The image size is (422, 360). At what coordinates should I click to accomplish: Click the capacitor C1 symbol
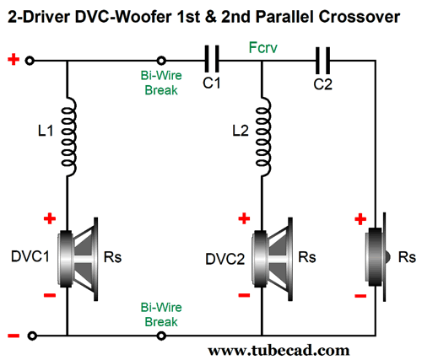pyautogui.click(x=212, y=59)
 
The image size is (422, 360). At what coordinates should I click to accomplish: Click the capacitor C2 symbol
pyautogui.click(x=322, y=60)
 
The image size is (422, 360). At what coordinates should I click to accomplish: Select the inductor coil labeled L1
pyautogui.click(x=68, y=137)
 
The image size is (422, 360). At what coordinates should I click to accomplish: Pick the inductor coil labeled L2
pyautogui.click(x=263, y=137)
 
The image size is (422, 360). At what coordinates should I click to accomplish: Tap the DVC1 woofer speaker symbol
pyautogui.click(x=78, y=259)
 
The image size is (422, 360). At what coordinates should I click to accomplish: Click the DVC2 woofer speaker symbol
pyautogui.click(x=273, y=259)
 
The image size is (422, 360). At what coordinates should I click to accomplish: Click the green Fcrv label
pyautogui.click(x=263, y=48)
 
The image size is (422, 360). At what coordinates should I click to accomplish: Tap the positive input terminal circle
pyautogui.click(x=30, y=61)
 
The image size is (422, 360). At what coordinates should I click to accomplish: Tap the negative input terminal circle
pyautogui.click(x=32, y=336)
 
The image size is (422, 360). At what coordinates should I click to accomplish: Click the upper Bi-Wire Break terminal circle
pyautogui.click(x=161, y=61)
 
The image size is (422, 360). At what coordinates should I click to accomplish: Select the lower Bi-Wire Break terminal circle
pyautogui.click(x=161, y=336)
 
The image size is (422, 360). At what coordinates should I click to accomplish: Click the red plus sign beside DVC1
pyautogui.click(x=50, y=218)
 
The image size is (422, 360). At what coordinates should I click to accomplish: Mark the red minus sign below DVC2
pyautogui.click(x=244, y=295)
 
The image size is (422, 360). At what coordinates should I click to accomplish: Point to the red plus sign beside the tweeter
pyautogui.click(x=360, y=219)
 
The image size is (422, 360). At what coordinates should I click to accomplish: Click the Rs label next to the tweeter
pyautogui.click(x=407, y=257)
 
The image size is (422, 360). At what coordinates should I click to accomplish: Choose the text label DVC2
pyautogui.click(x=225, y=259)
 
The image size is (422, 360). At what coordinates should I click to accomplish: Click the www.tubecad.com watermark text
pyautogui.click(x=279, y=351)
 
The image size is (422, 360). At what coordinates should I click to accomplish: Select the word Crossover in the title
pyautogui.click(x=360, y=17)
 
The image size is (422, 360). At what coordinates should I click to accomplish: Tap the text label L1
pyautogui.click(x=46, y=131)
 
